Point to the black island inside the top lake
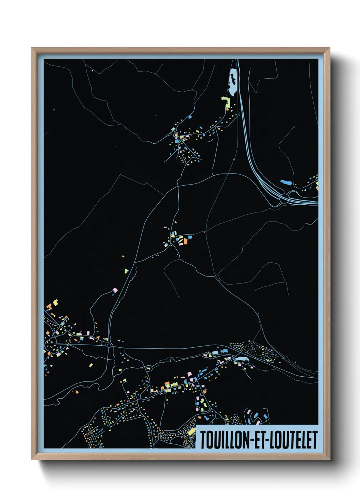(233, 78)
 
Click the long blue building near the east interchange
(286, 182)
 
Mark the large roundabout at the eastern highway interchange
(284, 198)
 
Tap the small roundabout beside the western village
(109, 346)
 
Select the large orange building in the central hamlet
(185, 241)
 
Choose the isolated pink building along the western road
(115, 290)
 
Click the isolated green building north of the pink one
(126, 271)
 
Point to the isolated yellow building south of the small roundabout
(91, 365)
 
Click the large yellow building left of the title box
(192, 432)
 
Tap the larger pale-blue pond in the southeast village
(240, 359)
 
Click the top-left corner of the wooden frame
(32, 48)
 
